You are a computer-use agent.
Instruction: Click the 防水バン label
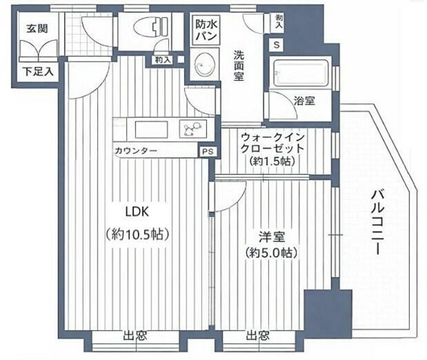205,30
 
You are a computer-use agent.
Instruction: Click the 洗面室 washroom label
238,67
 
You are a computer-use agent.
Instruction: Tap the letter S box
278,45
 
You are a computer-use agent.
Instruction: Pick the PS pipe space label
208,152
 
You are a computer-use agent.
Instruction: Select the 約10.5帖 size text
138,235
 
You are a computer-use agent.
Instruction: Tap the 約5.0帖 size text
271,253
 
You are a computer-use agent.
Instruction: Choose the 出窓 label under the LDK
133,336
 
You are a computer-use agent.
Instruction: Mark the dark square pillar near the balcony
318,309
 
